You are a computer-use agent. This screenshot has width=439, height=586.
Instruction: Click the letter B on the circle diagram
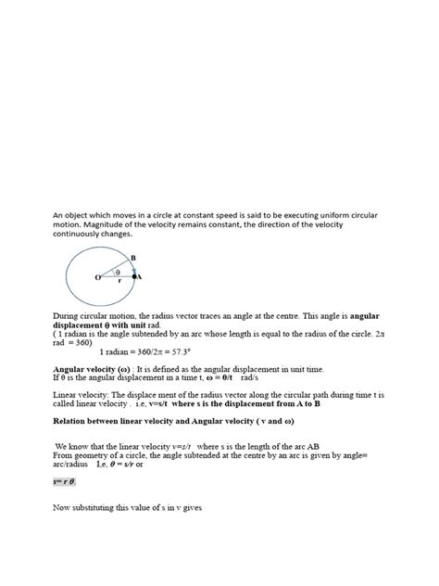[132, 257]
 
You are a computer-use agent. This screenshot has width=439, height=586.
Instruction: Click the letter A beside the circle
[140, 276]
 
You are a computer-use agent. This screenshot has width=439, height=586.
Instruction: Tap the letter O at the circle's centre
[95, 277]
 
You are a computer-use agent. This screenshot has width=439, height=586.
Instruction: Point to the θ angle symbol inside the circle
[118, 272]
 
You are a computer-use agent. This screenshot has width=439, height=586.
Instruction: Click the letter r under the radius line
[119, 282]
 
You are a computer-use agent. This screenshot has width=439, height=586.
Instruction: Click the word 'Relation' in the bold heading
[72, 420]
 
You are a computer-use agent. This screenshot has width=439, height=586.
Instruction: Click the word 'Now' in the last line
[62, 509]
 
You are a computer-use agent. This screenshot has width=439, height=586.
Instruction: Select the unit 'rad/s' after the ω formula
[250, 378]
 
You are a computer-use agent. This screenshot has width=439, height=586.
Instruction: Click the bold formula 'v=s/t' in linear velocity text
[190, 403]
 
